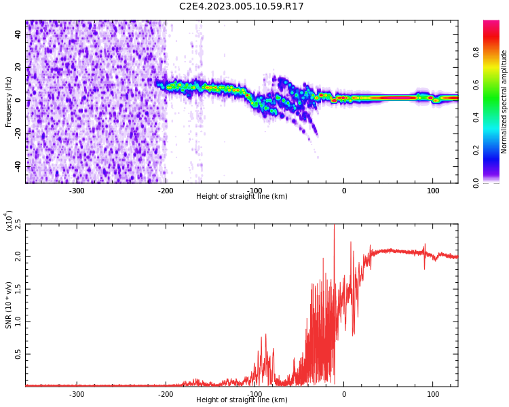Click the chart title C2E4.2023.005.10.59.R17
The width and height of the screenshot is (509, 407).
(x=242, y=7)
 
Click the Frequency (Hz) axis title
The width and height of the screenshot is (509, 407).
(x=9, y=102)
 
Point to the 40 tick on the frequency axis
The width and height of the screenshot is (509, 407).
(x=18, y=35)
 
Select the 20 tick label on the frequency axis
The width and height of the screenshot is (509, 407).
(x=18, y=67)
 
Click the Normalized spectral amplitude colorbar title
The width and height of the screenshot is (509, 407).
(x=504, y=102)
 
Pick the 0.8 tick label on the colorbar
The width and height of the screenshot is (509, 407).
(x=476, y=52)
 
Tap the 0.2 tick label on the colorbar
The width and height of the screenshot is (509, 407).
(x=476, y=150)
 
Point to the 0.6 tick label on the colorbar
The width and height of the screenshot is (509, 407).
(x=476, y=85)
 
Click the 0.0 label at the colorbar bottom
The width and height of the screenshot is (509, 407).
(x=476, y=182)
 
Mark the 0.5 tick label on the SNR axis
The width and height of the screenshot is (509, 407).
(x=18, y=354)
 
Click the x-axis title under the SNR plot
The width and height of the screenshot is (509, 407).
(x=242, y=400)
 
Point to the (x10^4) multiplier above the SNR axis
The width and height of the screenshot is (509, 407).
(x=9, y=220)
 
